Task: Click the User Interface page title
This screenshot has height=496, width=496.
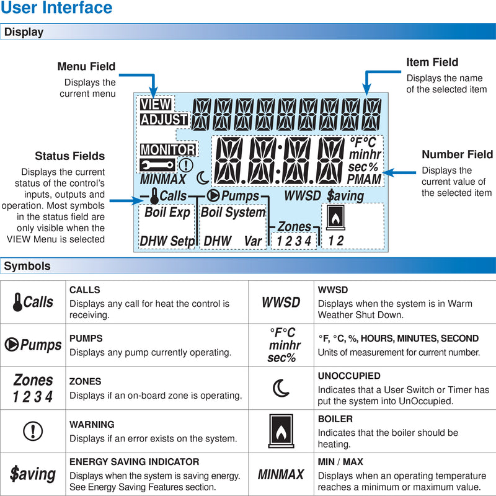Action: pyautogui.click(x=56, y=9)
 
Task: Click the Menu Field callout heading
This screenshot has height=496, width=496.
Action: pyautogui.click(x=86, y=66)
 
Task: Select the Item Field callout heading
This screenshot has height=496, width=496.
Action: pyautogui.click(x=432, y=62)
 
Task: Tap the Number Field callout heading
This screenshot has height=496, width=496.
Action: pyautogui.click(x=457, y=154)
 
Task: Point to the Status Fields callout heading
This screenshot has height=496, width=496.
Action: pyautogui.click(x=69, y=156)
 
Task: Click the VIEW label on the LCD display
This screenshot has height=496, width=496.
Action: pyautogui.click(x=155, y=105)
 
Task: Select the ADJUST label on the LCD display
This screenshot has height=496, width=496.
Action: pyautogui.click(x=164, y=120)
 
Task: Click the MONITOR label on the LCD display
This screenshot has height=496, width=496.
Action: pyautogui.click(x=167, y=149)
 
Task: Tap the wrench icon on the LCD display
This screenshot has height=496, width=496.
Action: pyautogui.click(x=157, y=165)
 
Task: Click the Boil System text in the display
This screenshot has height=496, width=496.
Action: pyautogui.click(x=233, y=213)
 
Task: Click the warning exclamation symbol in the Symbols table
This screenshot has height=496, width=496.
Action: pyautogui.click(x=32, y=431)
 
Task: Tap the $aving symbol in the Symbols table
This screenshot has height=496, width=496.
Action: pyautogui.click(x=33, y=474)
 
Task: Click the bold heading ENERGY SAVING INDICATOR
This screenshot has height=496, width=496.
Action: pyautogui.click(x=134, y=462)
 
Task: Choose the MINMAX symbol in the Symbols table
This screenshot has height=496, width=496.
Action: pyautogui.click(x=281, y=475)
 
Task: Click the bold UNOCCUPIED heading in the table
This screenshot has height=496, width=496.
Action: pyautogui.click(x=349, y=376)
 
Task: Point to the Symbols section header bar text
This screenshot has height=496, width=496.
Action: pyautogui.click(x=27, y=267)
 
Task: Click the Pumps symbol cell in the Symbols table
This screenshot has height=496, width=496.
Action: pyautogui.click(x=33, y=345)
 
